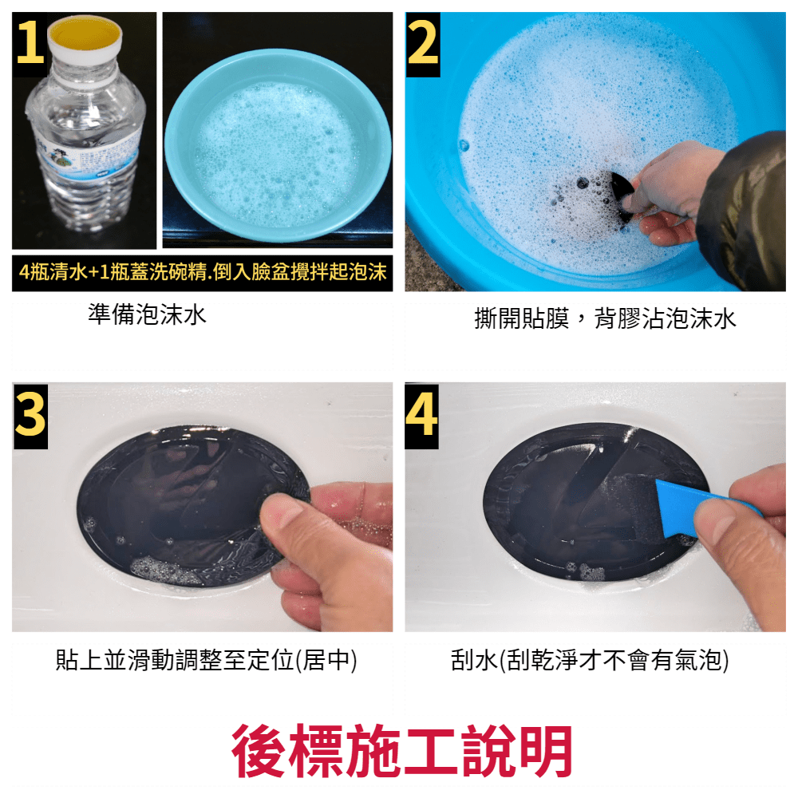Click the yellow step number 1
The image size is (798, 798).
30,42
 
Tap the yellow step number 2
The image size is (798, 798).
423,43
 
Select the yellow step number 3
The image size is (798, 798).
30,416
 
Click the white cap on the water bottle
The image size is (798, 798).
85,41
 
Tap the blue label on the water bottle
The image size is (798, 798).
86,152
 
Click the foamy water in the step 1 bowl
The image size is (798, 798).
278,152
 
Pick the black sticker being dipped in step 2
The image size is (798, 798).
622,196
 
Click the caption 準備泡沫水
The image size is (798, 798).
147,314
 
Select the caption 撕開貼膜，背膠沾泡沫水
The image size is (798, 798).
605,319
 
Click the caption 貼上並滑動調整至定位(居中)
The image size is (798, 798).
206,661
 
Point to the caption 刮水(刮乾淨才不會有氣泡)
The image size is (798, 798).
590,661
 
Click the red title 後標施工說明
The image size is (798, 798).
402,751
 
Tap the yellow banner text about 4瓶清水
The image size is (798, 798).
203,272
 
